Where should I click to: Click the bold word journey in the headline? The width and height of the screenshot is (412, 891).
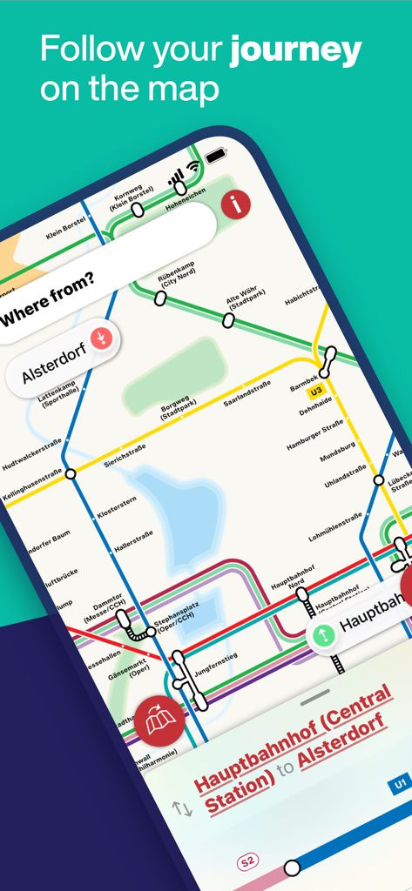point(295,51)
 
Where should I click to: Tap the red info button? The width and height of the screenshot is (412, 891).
point(235,204)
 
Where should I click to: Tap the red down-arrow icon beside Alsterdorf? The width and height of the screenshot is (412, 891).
point(102,337)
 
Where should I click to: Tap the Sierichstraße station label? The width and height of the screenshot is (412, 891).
point(125,454)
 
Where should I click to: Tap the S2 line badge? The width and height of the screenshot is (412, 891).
point(248,861)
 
